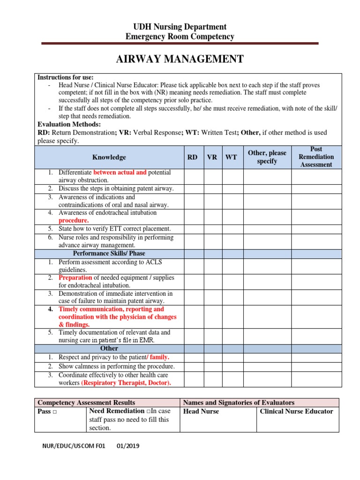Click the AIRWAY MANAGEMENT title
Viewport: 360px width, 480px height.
click(x=180, y=59)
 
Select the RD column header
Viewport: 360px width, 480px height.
click(x=192, y=157)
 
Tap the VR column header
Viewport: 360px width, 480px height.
click(x=212, y=157)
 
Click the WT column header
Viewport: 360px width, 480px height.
click(x=231, y=157)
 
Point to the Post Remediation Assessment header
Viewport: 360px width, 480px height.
click(x=316, y=157)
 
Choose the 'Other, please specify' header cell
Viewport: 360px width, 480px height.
click(x=267, y=157)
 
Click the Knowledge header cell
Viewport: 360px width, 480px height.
click(x=109, y=157)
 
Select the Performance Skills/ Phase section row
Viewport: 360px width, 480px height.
click(x=109, y=254)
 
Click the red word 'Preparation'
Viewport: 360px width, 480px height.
click(x=75, y=277)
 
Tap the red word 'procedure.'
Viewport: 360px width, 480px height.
click(x=74, y=220)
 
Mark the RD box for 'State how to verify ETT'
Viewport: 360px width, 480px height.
click(x=192, y=229)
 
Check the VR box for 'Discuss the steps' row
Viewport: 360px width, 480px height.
click(x=212, y=188)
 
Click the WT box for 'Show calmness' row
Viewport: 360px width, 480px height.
click(x=231, y=366)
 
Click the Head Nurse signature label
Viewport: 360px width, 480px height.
click(x=201, y=412)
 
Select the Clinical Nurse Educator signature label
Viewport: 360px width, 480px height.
click(x=296, y=412)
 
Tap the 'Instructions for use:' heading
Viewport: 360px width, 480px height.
click(x=65, y=77)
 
